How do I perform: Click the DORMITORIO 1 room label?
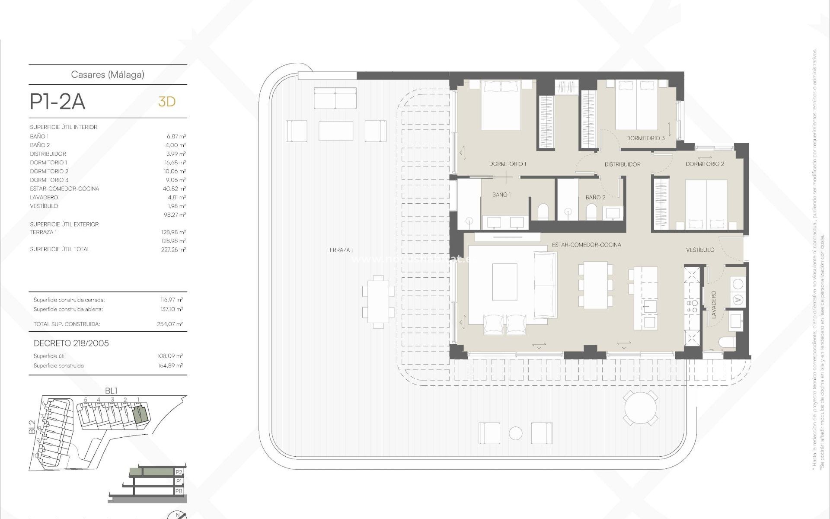click(x=508, y=164)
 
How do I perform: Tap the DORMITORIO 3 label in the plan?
click(x=645, y=138)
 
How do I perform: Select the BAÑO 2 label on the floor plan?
click(x=595, y=197)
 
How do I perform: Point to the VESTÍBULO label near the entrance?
click(x=700, y=250)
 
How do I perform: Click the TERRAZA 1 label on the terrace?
click(x=340, y=250)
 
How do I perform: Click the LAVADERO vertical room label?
click(x=713, y=304)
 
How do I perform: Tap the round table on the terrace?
click(x=641, y=407)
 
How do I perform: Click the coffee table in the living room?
click(x=504, y=282)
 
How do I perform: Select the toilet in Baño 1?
click(x=543, y=212)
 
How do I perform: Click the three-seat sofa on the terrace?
click(x=335, y=98)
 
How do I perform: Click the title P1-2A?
click(x=57, y=102)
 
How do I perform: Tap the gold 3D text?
click(x=167, y=102)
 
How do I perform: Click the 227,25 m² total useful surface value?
click(x=173, y=250)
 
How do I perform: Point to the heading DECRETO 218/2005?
click(x=71, y=343)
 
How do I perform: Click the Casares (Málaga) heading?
click(x=108, y=74)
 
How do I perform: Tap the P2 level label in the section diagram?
click(x=179, y=472)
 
